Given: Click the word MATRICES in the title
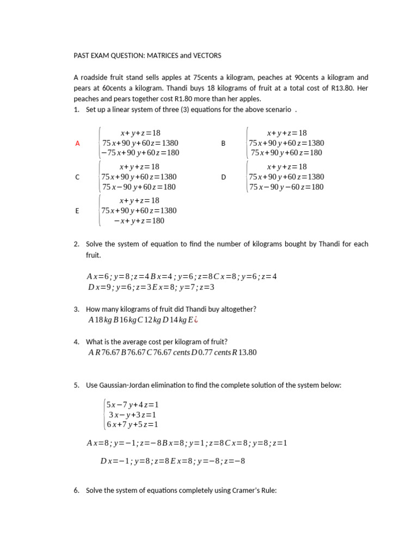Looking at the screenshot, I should pos(166,55).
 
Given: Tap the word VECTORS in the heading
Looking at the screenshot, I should pos(207,55).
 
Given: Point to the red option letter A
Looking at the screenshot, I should pos(77,143).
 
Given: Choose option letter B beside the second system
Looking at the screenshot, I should pos(223,143).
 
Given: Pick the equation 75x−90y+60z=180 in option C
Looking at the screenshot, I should pos(139,187).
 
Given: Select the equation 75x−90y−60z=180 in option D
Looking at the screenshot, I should pos(286,187).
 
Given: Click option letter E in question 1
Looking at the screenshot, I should pos(77,211).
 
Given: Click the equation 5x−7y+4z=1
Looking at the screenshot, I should pos(132,405).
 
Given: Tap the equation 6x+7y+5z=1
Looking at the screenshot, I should pos(132,424).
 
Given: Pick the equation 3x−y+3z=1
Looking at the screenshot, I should pos(132,414).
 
